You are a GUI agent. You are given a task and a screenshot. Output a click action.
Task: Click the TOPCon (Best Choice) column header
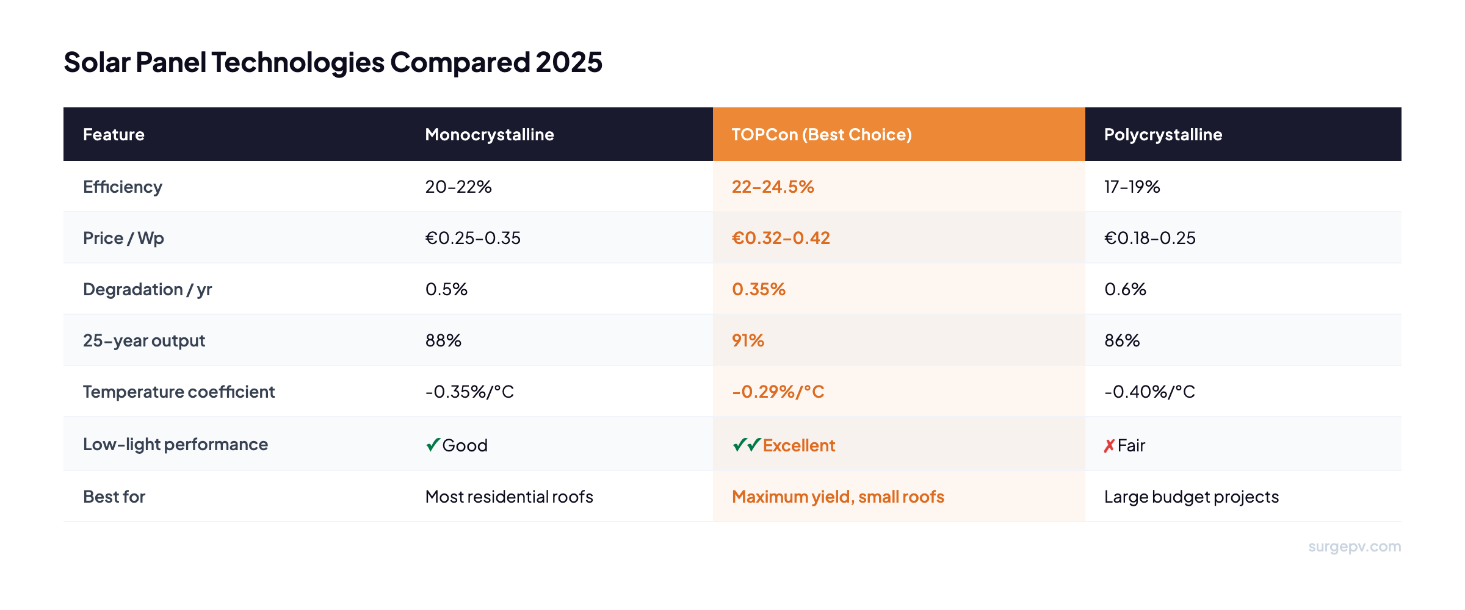tap(821, 134)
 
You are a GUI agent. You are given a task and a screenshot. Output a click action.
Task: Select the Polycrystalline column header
tap(1163, 134)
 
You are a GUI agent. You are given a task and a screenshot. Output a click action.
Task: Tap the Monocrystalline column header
tap(489, 134)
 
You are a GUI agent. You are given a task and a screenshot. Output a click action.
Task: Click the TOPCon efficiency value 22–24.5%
tap(772, 187)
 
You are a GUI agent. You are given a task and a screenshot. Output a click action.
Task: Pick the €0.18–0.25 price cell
tap(1149, 238)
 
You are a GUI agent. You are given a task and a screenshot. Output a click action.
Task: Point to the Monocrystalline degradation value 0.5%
tap(446, 289)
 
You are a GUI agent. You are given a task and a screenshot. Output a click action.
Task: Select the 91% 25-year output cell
tap(748, 340)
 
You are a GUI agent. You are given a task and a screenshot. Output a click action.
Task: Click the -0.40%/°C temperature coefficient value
tap(1149, 392)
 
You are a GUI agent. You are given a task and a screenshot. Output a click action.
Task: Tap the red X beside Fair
tap(1109, 446)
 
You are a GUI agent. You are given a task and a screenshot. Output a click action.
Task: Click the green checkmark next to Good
tap(433, 445)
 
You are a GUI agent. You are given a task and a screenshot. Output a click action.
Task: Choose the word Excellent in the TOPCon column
tap(798, 445)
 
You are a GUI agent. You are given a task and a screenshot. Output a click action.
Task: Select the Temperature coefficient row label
tap(179, 392)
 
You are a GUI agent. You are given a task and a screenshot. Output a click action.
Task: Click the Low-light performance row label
tap(175, 444)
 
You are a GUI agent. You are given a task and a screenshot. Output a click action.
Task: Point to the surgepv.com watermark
tap(1354, 547)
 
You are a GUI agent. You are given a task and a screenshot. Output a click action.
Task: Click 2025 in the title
tap(569, 62)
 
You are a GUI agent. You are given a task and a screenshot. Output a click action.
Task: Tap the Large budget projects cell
tap(1191, 497)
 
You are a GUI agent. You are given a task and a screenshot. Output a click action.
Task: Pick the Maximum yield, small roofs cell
tap(837, 497)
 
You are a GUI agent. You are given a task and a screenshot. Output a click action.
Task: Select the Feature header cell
tap(114, 134)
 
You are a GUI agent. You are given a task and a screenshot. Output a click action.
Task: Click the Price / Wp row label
tap(123, 238)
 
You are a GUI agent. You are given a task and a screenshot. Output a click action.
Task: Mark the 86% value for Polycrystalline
tap(1122, 340)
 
